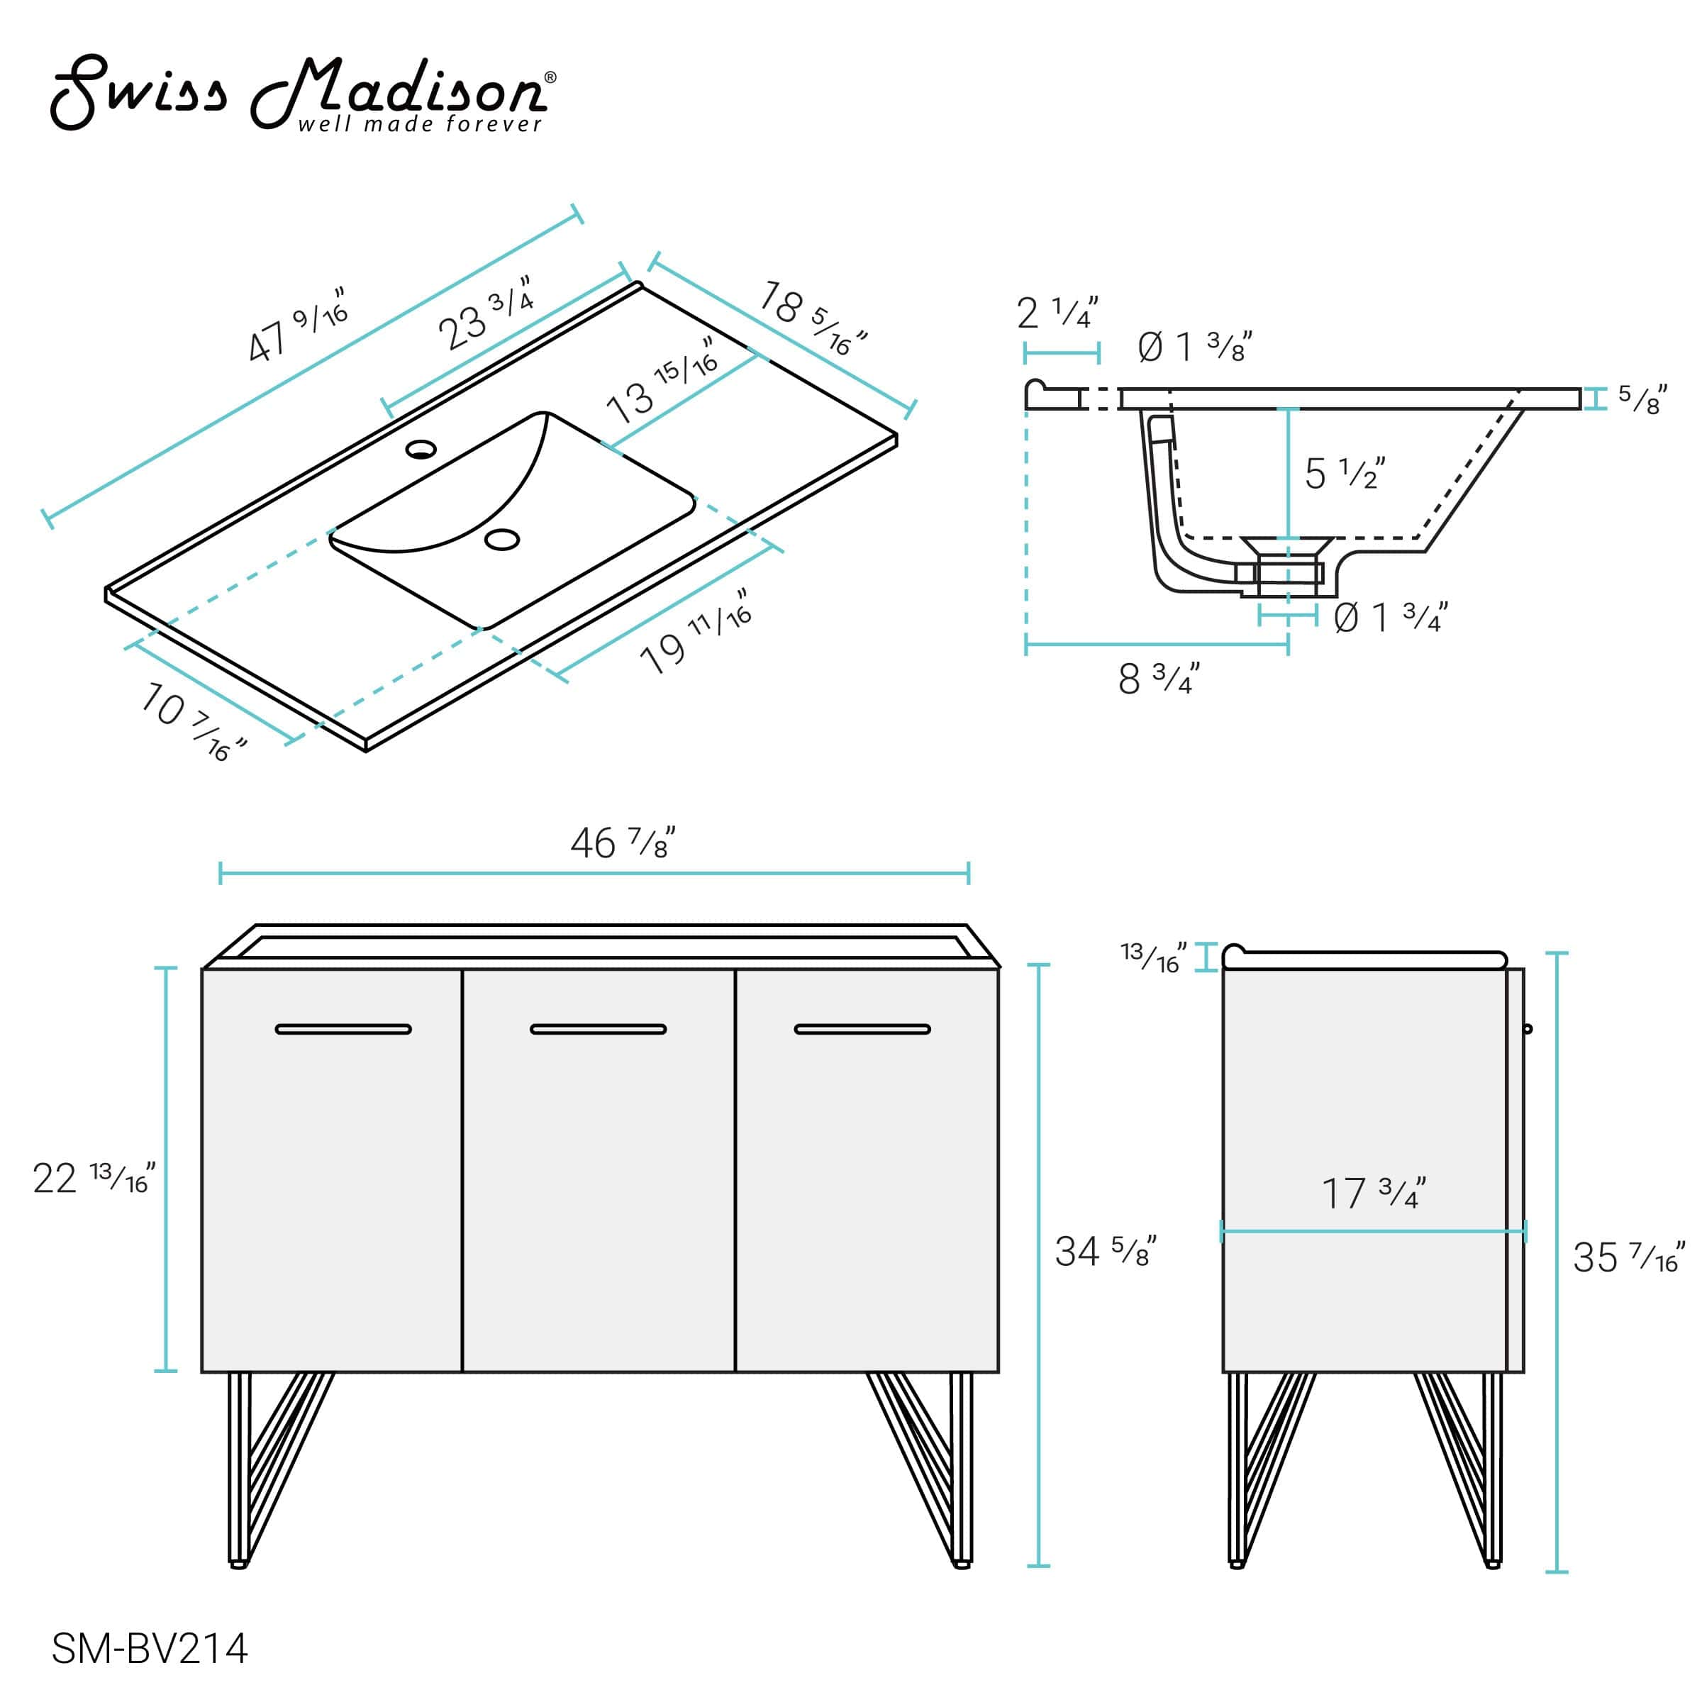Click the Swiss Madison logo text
(299, 92)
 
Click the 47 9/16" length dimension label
(297, 325)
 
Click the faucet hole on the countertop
(421, 450)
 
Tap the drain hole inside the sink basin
(502, 539)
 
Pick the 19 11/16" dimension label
(696, 633)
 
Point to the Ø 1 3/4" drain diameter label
(1390, 618)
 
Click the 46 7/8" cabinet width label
(623, 843)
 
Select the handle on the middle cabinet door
(598, 1029)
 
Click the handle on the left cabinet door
(343, 1029)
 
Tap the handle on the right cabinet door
(862, 1029)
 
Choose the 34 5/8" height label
(1105, 1252)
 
